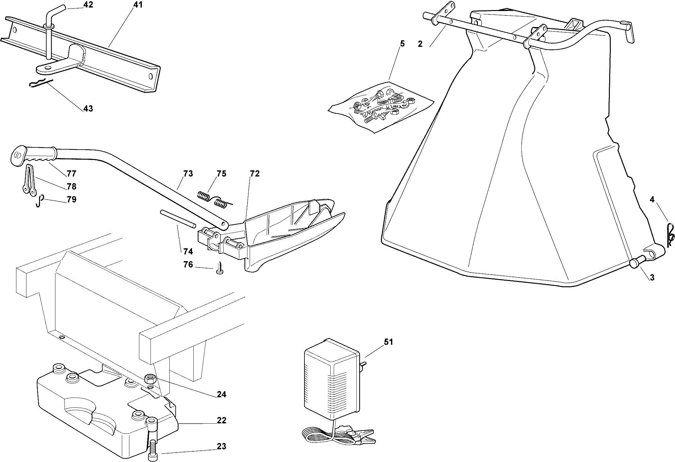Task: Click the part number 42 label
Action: [88, 5]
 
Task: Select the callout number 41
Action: [138, 5]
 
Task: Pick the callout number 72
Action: [254, 173]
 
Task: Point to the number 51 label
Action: [389, 342]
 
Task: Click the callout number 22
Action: [222, 421]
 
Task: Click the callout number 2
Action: [420, 44]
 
